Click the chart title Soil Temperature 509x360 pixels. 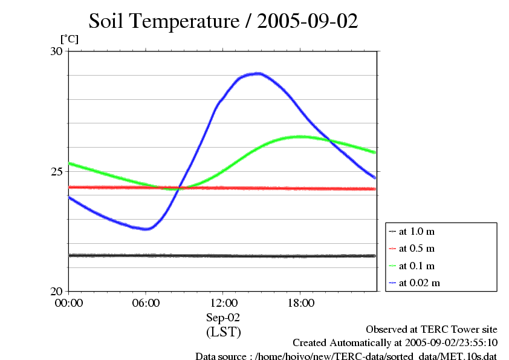tap(223, 22)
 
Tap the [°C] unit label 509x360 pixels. tap(69, 39)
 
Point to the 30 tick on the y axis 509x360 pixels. tap(56, 51)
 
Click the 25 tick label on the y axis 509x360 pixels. tap(56, 171)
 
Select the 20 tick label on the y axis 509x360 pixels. tap(56, 291)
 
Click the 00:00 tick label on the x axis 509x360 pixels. tap(69, 303)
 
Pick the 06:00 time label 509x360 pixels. tap(146, 303)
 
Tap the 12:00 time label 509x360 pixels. tap(223, 303)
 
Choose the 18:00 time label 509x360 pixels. tap(300, 303)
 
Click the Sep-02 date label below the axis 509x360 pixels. tap(223, 317)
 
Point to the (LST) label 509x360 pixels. tap(223, 332)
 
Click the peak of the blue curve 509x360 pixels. tap(258, 73)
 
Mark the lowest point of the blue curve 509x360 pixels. tap(146, 229)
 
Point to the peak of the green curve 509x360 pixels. tap(299, 137)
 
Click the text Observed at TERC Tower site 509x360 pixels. tap(432, 329)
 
